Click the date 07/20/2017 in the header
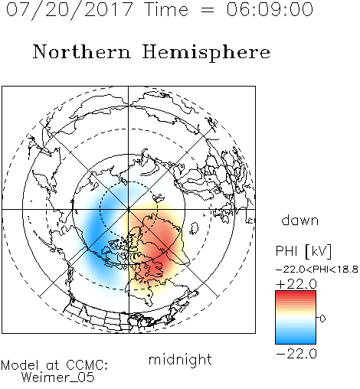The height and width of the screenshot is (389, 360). pyautogui.click(x=70, y=10)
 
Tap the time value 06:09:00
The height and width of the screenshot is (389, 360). pyautogui.click(x=270, y=9)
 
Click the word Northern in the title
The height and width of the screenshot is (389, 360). pyautogui.click(x=82, y=52)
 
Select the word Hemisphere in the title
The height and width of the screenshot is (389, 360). pyautogui.click(x=206, y=53)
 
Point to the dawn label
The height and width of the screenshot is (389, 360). pyautogui.click(x=300, y=220)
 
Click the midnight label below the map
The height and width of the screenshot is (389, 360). pyautogui.click(x=180, y=360)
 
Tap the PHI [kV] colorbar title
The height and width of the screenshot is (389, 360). pyautogui.click(x=303, y=251)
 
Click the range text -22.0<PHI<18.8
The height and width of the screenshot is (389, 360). pyautogui.click(x=316, y=270)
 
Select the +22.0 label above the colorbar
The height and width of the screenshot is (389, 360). pyautogui.click(x=296, y=284)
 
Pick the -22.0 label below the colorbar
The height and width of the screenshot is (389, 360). pyautogui.click(x=296, y=354)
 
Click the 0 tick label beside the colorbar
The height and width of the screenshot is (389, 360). pyautogui.click(x=322, y=319)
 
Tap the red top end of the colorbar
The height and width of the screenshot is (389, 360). pyautogui.click(x=296, y=293)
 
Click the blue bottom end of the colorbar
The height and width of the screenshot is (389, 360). pyautogui.click(x=296, y=342)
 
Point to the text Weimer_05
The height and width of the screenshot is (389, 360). pyautogui.click(x=58, y=378)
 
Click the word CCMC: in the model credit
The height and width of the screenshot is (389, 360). pyautogui.click(x=87, y=365)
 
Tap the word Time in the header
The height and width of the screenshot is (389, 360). pyautogui.click(x=166, y=9)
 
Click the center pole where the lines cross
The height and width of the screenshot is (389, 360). pyautogui.click(x=129, y=209)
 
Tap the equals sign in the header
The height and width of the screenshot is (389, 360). pyautogui.click(x=208, y=11)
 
